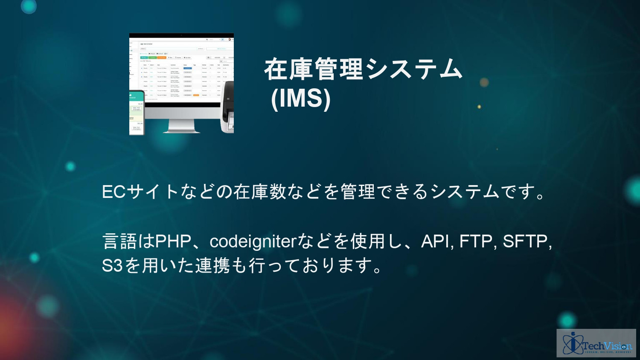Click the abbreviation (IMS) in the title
tap(301, 99)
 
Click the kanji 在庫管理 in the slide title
tap(314, 70)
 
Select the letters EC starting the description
tap(113, 192)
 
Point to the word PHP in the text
tap(173, 241)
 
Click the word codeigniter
tap(253, 241)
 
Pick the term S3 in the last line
tap(112, 266)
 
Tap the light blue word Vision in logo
tap(617, 345)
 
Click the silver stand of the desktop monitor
tap(182, 125)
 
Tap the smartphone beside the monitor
tap(137, 113)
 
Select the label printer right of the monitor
tap(227, 109)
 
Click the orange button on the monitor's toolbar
tap(162, 57)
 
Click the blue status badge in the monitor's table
tap(187, 68)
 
